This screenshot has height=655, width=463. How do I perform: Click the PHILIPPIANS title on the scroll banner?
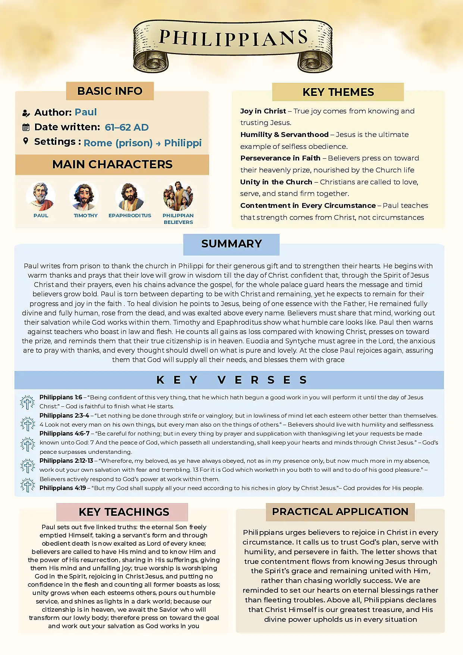click(x=233, y=38)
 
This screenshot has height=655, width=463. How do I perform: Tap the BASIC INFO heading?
click(x=110, y=91)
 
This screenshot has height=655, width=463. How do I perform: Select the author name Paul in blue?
click(x=85, y=112)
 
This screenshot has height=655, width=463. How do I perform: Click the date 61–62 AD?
click(x=126, y=127)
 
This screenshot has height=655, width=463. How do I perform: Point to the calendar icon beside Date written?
click(x=26, y=127)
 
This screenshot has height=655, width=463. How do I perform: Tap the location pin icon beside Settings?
click(x=26, y=141)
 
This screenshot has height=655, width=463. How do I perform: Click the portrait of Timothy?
click(x=84, y=196)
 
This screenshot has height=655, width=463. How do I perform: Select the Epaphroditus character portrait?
click(x=130, y=196)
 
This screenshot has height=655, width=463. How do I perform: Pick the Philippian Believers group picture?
click(x=178, y=196)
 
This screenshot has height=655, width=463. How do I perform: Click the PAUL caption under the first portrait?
click(x=41, y=215)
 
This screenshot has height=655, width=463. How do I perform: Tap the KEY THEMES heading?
click(x=338, y=92)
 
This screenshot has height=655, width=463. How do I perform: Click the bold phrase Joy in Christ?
click(x=263, y=111)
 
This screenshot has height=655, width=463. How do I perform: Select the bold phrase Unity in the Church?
click(x=276, y=182)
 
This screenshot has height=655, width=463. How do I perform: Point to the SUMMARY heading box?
click(x=231, y=244)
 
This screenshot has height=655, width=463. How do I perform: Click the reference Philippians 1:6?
click(x=61, y=397)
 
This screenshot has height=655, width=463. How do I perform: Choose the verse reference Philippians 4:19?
click(x=63, y=488)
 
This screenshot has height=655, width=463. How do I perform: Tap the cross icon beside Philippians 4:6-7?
click(x=27, y=444)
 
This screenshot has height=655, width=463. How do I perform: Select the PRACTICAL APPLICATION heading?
click(x=340, y=512)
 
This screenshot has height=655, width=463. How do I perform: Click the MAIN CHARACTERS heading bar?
click(x=112, y=165)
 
